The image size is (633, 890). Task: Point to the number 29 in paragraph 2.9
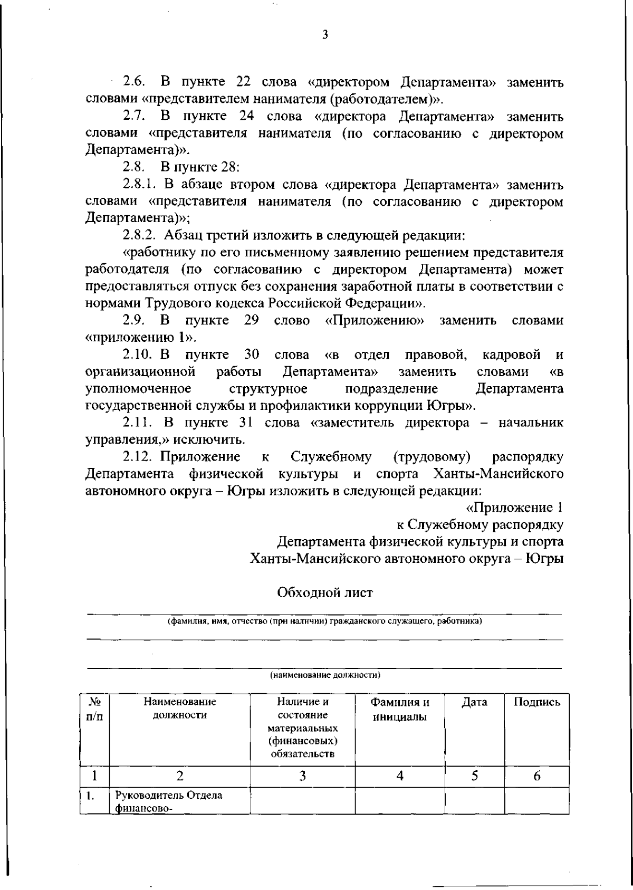point(251,320)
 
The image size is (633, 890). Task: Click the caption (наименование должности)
point(325,675)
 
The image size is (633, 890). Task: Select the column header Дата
point(474,702)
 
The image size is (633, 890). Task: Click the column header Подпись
point(536,702)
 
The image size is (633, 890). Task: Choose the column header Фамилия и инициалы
point(400,710)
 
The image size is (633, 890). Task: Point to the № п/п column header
point(95,709)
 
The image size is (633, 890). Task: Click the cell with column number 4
point(400,776)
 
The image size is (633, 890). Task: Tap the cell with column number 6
point(536,776)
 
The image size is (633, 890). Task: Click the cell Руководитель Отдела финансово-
point(169,801)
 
